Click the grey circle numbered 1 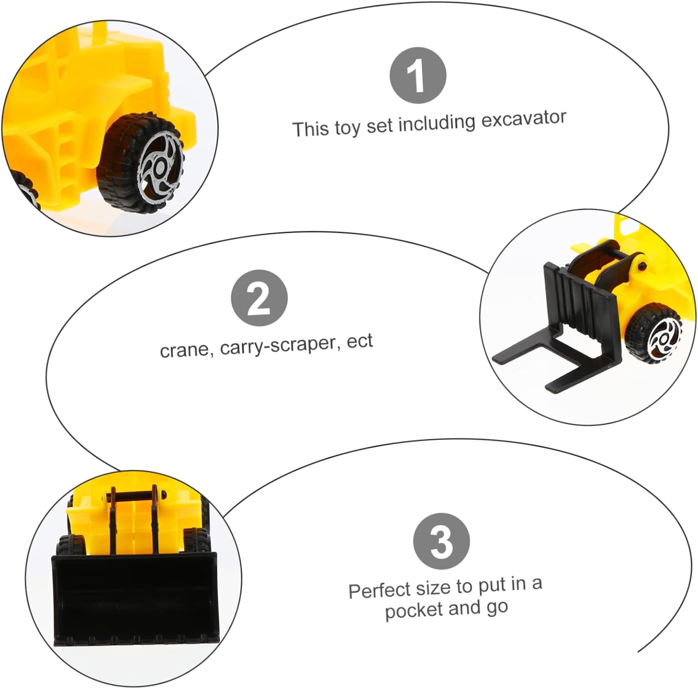point(417,75)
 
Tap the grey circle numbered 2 point(259,298)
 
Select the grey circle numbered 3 point(442,541)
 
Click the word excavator point(523,119)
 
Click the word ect point(360,341)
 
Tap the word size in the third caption point(431,588)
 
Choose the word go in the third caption point(497,607)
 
